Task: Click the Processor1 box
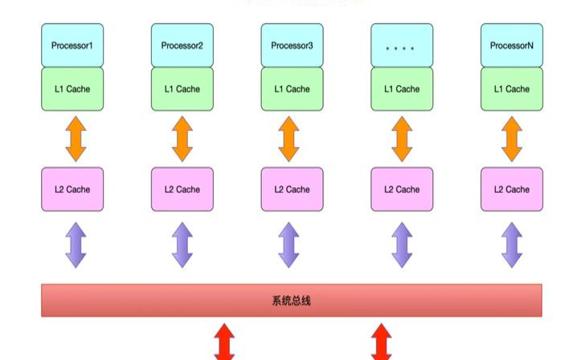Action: coord(72,45)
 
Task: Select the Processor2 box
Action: coord(182,45)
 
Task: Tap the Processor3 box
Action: coord(292,45)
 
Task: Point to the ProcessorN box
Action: coord(511,45)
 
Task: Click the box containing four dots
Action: coord(401,45)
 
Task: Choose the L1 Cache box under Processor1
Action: coord(72,89)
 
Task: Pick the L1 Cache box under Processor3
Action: coord(292,89)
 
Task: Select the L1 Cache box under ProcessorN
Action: coord(511,89)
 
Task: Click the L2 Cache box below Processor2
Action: coord(182,190)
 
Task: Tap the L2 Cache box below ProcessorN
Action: coord(511,190)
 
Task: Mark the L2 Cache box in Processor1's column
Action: coord(72,190)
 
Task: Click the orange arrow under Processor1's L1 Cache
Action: coord(75,139)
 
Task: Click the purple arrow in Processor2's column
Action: coord(182,245)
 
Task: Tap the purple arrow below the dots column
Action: coord(401,245)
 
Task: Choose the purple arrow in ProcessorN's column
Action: coord(511,245)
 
